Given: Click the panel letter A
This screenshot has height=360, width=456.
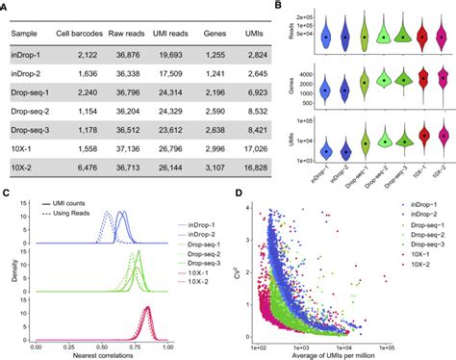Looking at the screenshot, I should coord(7,8).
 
